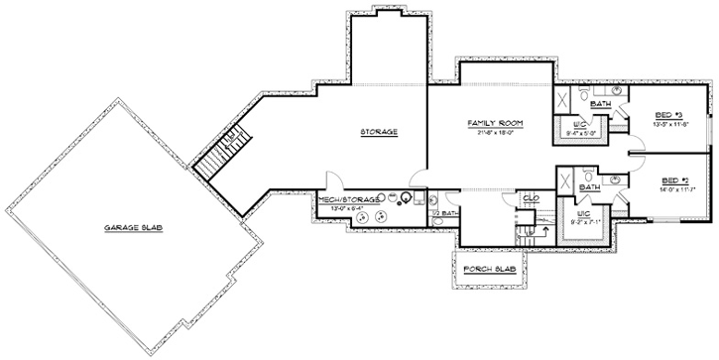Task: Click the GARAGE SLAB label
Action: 133,227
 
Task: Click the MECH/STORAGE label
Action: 343,199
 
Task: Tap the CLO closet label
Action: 532,199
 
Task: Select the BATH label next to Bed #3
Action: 600,104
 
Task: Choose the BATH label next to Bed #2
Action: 589,186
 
